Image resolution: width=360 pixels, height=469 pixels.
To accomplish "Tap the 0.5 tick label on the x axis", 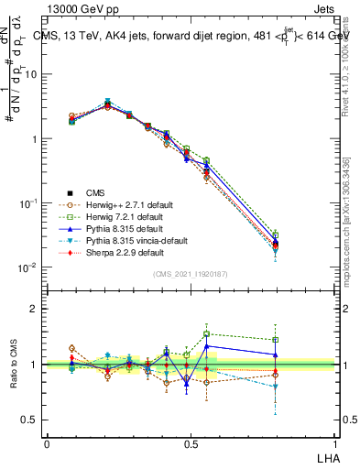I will (x=190, y=442).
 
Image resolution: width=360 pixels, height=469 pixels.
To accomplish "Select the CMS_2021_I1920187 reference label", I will (x=190, y=274).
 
